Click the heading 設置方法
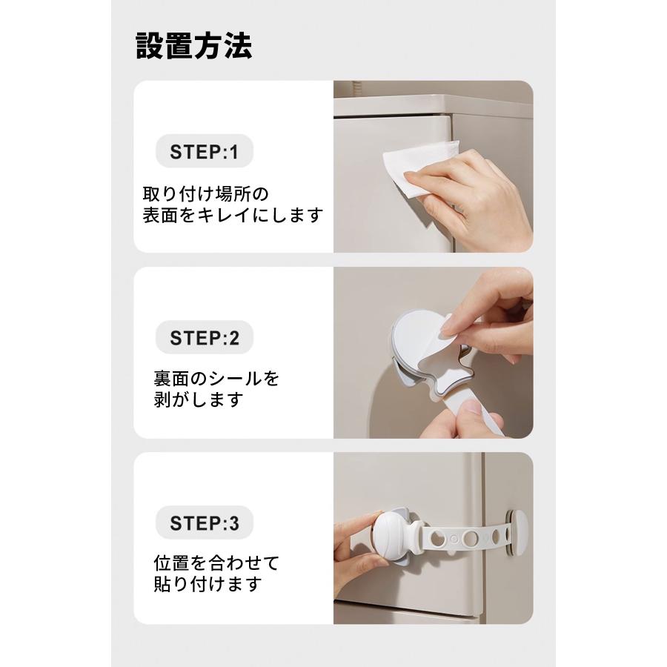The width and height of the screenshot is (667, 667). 194,46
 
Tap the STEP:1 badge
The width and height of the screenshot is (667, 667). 204,153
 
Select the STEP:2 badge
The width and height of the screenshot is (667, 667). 204,338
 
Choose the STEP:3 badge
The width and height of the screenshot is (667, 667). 204,523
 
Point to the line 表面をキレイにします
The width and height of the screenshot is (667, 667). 233,216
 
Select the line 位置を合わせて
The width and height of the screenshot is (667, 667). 216,563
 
